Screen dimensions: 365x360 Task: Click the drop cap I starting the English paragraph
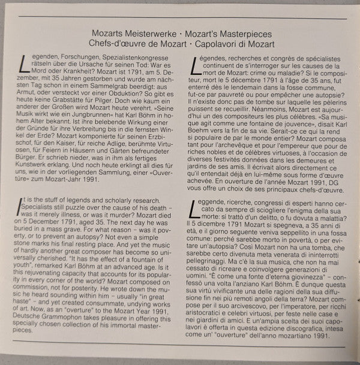pyautogui.click(x=22, y=205)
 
